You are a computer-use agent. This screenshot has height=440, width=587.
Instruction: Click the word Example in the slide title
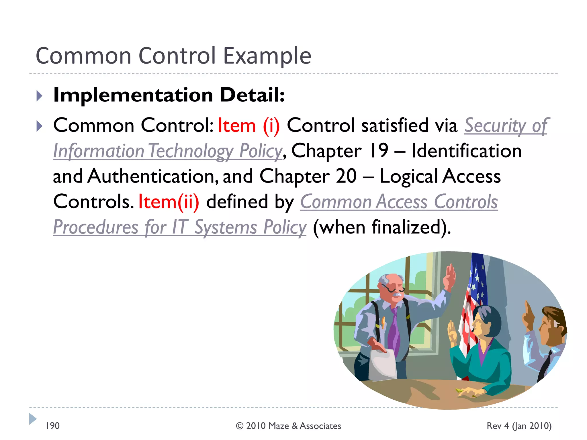[x=267, y=56]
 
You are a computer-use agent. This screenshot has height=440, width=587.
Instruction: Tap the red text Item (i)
[x=249, y=126]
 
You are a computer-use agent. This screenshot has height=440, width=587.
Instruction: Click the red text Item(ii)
[x=169, y=202]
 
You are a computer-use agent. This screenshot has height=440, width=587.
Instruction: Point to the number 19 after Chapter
[x=379, y=151]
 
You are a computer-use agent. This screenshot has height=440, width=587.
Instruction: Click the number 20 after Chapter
[x=346, y=176]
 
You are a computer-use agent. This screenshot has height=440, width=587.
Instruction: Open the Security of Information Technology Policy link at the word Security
[x=495, y=126]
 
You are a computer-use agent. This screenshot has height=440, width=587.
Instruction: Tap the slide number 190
[x=53, y=426]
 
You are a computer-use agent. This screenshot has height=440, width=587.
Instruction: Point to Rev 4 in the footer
[x=498, y=426]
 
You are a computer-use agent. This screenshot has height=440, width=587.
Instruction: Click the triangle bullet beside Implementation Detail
[x=40, y=96]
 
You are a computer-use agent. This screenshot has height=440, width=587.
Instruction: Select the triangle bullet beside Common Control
[x=40, y=126]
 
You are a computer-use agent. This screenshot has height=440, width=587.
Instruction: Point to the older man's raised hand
[x=450, y=275]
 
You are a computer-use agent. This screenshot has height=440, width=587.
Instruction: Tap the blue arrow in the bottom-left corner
[x=33, y=419]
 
